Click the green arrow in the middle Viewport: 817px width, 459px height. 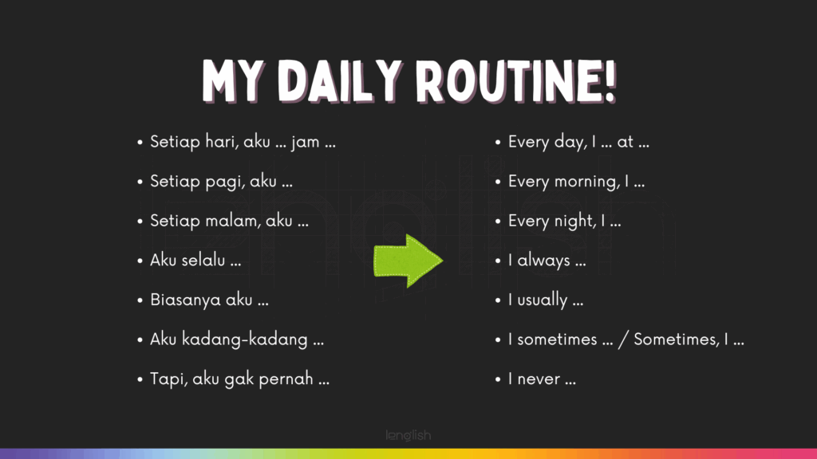pos(408,261)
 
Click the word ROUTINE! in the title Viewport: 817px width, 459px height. pos(516,81)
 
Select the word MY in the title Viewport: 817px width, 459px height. pos(232,81)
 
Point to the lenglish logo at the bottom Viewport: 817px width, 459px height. pos(408,436)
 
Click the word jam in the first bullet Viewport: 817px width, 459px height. pos(306,142)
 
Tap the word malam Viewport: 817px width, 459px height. pos(233,221)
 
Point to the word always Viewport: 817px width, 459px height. pos(543,261)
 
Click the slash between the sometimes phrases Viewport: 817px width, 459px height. pos(623,339)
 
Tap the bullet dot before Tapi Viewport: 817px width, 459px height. pos(140,379)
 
